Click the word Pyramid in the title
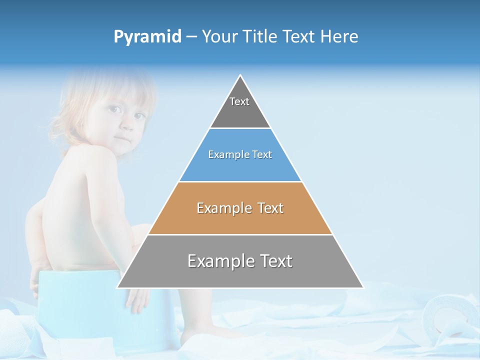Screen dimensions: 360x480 147,37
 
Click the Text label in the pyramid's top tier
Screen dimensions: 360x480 239,101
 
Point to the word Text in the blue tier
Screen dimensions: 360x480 262,155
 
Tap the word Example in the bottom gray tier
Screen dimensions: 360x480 219,261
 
